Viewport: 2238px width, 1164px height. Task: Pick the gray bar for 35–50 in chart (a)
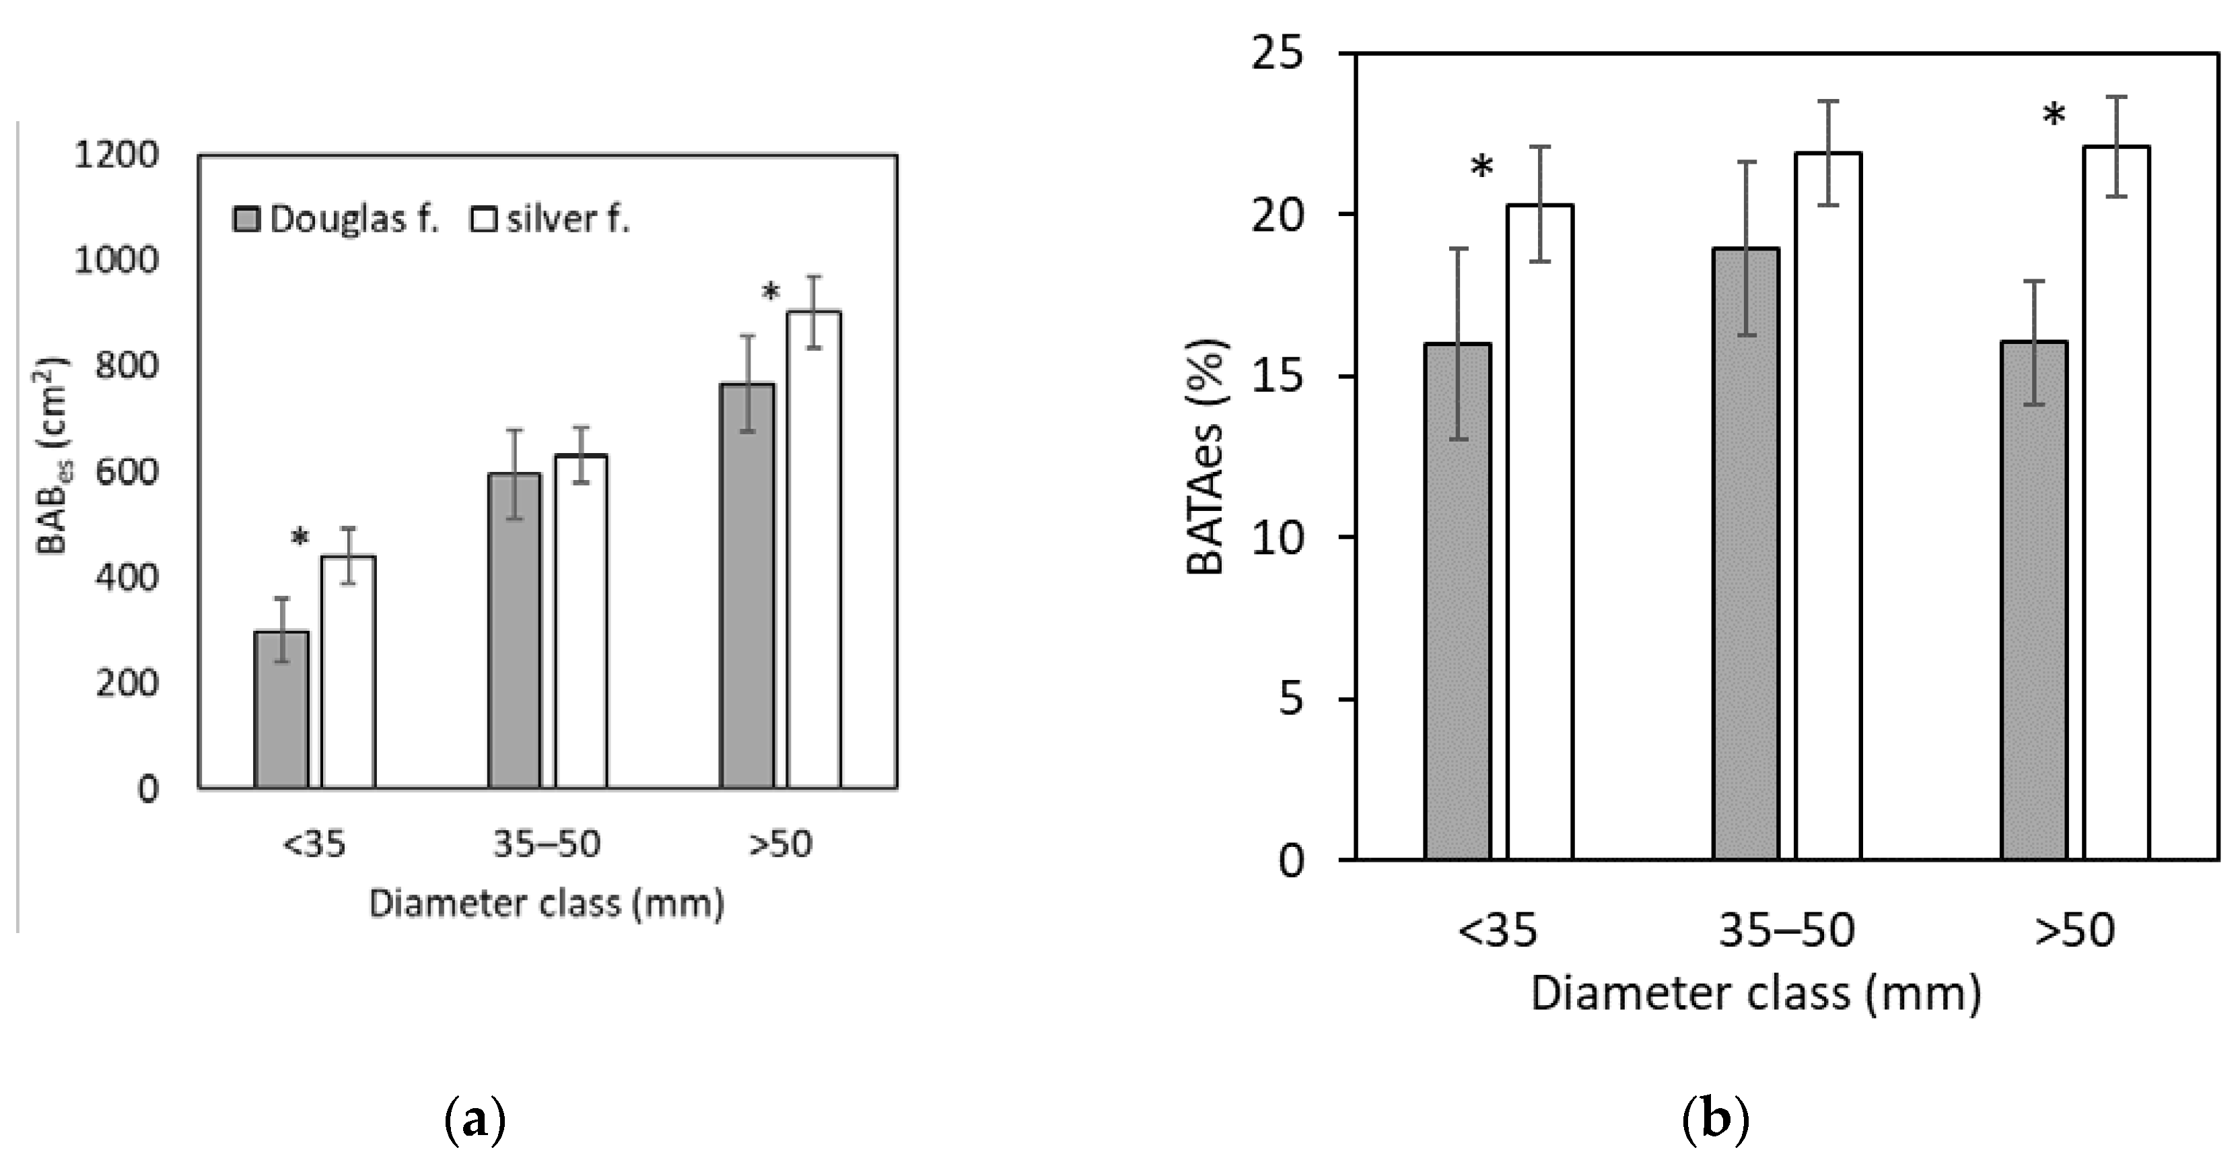click(x=514, y=631)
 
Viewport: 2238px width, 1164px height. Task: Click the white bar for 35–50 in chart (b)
click(x=1828, y=506)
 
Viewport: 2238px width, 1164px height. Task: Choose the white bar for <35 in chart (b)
click(x=1539, y=532)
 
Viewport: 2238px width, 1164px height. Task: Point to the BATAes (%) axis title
click(x=1208, y=456)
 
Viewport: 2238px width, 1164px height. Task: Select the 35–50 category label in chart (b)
click(x=1787, y=930)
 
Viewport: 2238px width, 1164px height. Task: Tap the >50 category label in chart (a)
click(x=780, y=844)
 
